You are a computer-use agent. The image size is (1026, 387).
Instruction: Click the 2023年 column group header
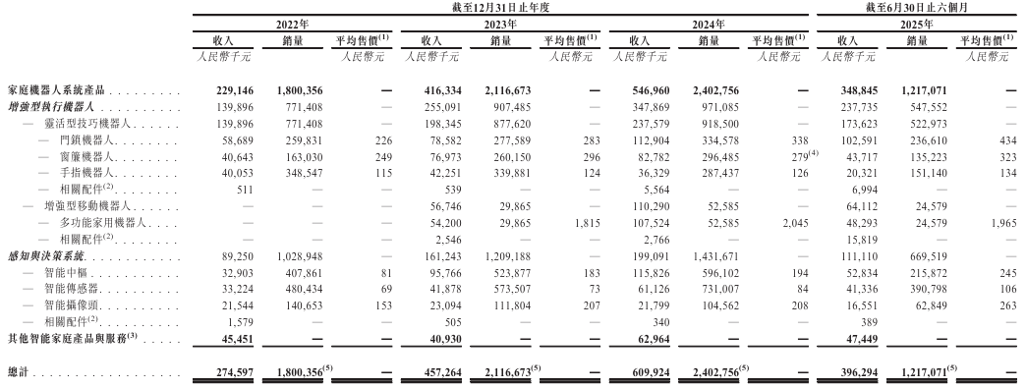tap(499, 23)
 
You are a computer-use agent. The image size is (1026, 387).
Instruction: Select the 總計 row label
tap(20, 373)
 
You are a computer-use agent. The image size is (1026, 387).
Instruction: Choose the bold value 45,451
tap(240, 338)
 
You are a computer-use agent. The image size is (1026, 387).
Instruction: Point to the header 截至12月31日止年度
tap(499, 7)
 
